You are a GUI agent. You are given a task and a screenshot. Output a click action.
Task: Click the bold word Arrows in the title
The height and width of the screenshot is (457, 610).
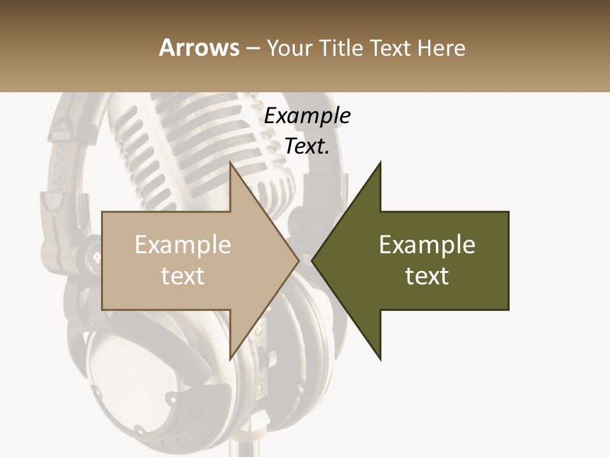200,48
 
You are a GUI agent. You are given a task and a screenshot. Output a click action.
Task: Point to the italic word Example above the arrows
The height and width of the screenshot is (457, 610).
307,116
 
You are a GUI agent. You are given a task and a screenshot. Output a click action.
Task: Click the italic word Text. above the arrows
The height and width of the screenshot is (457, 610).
307,147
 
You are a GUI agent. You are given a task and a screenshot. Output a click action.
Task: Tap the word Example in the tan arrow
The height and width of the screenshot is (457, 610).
182,245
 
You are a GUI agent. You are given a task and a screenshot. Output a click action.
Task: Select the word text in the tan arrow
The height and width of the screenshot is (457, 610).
182,276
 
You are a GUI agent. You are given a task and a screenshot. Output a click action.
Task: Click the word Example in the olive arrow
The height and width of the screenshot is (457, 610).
427,245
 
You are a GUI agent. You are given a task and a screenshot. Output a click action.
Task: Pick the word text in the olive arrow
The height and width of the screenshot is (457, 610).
427,276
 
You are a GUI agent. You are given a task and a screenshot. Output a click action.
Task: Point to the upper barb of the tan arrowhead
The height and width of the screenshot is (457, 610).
232,167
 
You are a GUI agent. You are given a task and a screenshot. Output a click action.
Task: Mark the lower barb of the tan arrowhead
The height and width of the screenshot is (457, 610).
232,355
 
